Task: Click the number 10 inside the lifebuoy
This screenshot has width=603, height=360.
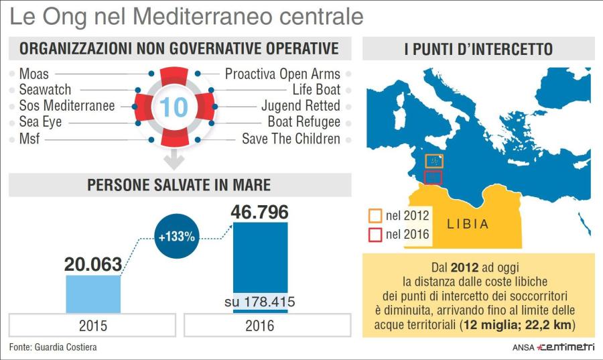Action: pyautogui.click(x=174, y=107)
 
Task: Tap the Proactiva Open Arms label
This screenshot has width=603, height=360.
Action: pyautogui.click(x=282, y=74)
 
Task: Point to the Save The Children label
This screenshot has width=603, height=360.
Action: pyautogui.click(x=291, y=139)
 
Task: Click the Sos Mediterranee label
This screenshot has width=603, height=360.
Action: pyautogui.click(x=67, y=106)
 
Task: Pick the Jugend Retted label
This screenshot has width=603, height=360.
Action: pyautogui.click(x=300, y=106)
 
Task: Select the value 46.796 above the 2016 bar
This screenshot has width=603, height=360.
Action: pyautogui.click(x=260, y=213)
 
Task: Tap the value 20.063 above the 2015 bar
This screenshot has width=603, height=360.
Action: pyautogui.click(x=93, y=263)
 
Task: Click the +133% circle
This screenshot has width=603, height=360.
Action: pyautogui.click(x=178, y=236)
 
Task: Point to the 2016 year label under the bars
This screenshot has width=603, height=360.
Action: pyautogui.click(x=260, y=326)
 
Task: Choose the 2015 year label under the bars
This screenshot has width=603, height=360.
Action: pyautogui.click(x=93, y=326)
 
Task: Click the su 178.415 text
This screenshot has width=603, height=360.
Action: pyautogui.click(x=260, y=302)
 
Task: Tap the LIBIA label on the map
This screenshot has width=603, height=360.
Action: pyautogui.click(x=468, y=225)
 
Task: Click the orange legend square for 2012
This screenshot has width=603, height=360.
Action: pyautogui.click(x=375, y=216)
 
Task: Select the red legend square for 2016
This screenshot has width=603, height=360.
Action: pyautogui.click(x=375, y=235)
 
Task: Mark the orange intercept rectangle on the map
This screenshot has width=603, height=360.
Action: pyautogui.click(x=434, y=162)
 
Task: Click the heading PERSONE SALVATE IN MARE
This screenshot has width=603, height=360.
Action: pyautogui.click(x=179, y=185)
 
